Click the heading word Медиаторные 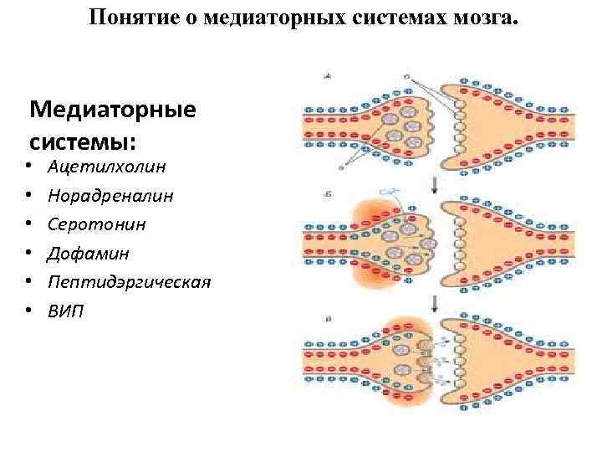coord(112,110)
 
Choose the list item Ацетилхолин coord(106,166)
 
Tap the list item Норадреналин coord(110,195)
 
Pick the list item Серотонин coord(96,224)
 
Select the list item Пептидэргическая coord(129,282)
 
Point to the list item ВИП coord(66,311)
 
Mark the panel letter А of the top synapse coord(328,76)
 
